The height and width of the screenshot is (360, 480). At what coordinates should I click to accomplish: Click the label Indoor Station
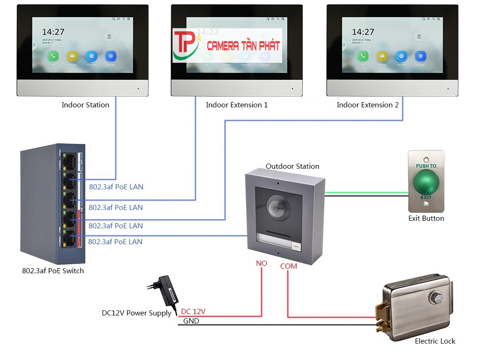coord(85,105)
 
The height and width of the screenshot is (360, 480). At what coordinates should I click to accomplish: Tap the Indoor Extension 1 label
coord(237,105)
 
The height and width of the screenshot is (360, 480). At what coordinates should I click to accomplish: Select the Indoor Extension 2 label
coord(367,105)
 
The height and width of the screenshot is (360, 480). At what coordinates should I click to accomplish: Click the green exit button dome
coord(426,180)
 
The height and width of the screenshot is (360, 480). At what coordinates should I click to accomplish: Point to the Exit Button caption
coord(426,218)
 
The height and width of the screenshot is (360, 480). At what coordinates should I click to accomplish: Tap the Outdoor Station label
coord(292,166)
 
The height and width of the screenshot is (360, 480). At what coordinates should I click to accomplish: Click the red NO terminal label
coord(261,263)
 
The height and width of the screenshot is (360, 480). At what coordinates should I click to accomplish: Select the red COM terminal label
coord(289,266)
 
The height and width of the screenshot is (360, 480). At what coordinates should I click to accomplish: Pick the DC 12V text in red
coord(193,311)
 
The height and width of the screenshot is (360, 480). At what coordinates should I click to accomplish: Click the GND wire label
coord(191,321)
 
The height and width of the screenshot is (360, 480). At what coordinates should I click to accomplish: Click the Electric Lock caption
coord(435,341)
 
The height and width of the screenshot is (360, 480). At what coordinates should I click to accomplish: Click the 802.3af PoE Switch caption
coord(53,271)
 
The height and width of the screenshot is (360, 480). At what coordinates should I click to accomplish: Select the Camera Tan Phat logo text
coord(243,45)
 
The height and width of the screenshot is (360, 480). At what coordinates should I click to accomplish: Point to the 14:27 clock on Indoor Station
coord(53,32)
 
